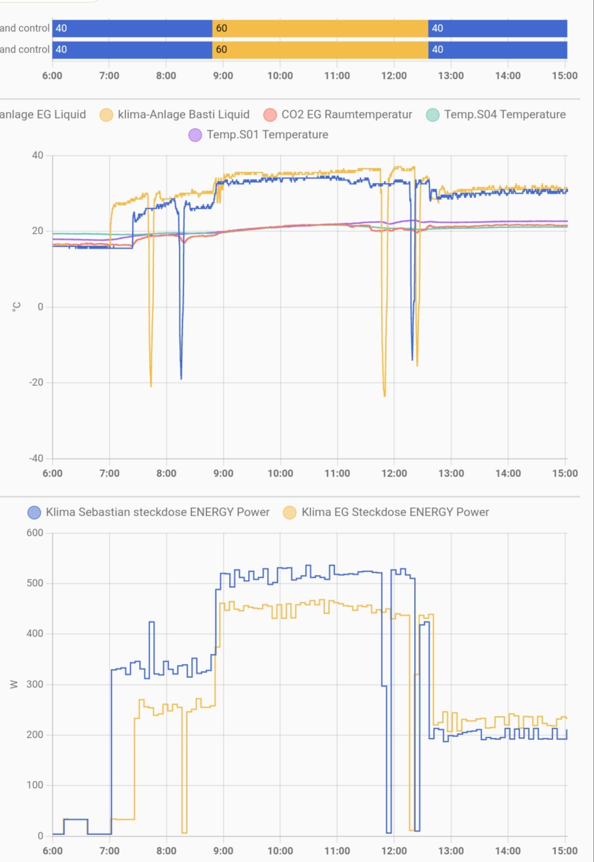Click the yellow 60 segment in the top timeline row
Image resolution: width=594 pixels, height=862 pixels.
tap(320, 29)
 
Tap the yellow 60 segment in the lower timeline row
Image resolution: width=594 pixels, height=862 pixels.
tap(320, 50)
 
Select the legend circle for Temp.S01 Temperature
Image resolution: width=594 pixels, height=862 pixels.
tap(195, 135)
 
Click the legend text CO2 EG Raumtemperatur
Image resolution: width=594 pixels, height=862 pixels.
tap(346, 115)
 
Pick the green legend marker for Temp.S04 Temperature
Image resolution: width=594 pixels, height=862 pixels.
tap(433, 115)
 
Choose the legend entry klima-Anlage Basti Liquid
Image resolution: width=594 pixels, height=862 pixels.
tap(183, 115)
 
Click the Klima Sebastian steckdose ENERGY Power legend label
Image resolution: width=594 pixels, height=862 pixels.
tap(157, 512)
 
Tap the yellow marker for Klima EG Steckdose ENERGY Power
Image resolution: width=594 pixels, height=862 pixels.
tap(289, 512)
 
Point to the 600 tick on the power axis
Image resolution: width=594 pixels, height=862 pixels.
tap(35, 533)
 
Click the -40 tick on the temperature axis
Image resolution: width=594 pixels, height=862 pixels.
tap(36, 459)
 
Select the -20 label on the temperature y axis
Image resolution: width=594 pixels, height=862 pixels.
tap(36, 383)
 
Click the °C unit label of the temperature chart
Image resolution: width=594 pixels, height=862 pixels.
tap(16, 307)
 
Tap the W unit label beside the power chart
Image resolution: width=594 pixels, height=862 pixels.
tap(15, 684)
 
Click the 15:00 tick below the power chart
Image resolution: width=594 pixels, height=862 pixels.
tap(564, 851)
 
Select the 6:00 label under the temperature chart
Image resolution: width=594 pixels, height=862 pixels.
tap(53, 473)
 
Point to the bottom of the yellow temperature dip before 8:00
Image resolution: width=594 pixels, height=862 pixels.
tap(151, 385)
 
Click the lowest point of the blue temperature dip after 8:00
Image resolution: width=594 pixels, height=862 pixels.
tap(181, 378)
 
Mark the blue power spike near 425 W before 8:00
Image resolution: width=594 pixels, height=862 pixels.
tap(151, 622)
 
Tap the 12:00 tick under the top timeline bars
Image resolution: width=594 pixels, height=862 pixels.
tap(394, 76)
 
